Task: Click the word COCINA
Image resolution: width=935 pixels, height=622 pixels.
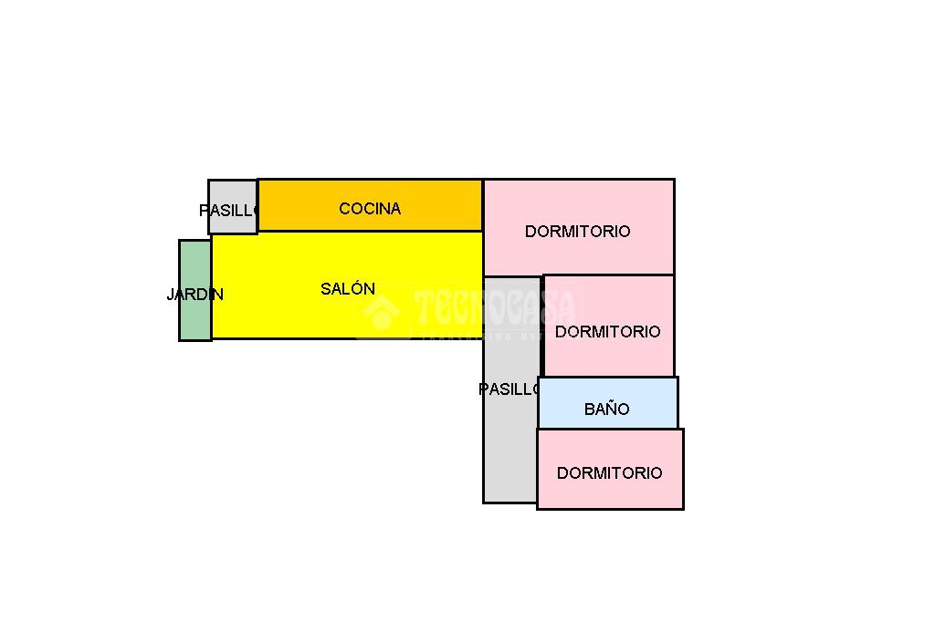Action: point(370,209)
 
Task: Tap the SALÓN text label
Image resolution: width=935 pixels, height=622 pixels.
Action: point(348,289)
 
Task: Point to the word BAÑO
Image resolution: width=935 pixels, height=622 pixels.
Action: point(607,409)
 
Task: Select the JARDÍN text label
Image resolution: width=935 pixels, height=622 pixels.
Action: point(194,295)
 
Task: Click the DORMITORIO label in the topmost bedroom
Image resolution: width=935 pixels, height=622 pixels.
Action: point(577,232)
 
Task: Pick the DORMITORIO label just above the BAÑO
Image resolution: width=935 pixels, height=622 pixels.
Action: point(607,332)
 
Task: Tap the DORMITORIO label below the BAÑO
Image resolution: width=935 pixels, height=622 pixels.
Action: point(609,473)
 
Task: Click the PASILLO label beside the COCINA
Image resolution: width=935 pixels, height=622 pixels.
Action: point(228,211)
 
